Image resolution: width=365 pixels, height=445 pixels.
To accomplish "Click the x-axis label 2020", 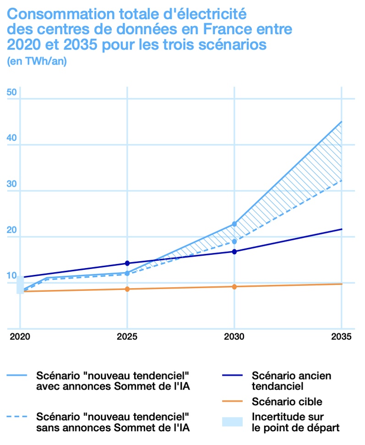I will tap(20, 338).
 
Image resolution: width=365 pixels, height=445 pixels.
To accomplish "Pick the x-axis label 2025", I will tap(127, 338).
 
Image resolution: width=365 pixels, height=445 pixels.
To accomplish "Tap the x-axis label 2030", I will tap(234, 338).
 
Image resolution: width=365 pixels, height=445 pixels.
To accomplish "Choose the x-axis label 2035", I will tap(341, 338).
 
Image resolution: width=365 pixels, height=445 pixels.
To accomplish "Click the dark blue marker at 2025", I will tap(127, 263).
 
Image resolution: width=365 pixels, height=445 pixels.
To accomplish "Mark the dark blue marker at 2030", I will tap(234, 252).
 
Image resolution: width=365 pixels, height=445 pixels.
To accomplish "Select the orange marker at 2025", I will tap(127, 289).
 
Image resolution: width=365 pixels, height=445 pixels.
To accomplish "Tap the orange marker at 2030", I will tap(234, 287).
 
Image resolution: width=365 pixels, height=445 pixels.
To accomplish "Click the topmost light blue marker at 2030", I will tap(234, 224).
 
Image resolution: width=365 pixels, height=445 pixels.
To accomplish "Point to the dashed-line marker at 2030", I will tap(234, 241).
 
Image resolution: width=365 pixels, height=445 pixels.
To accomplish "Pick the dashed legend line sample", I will tap(17, 417).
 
